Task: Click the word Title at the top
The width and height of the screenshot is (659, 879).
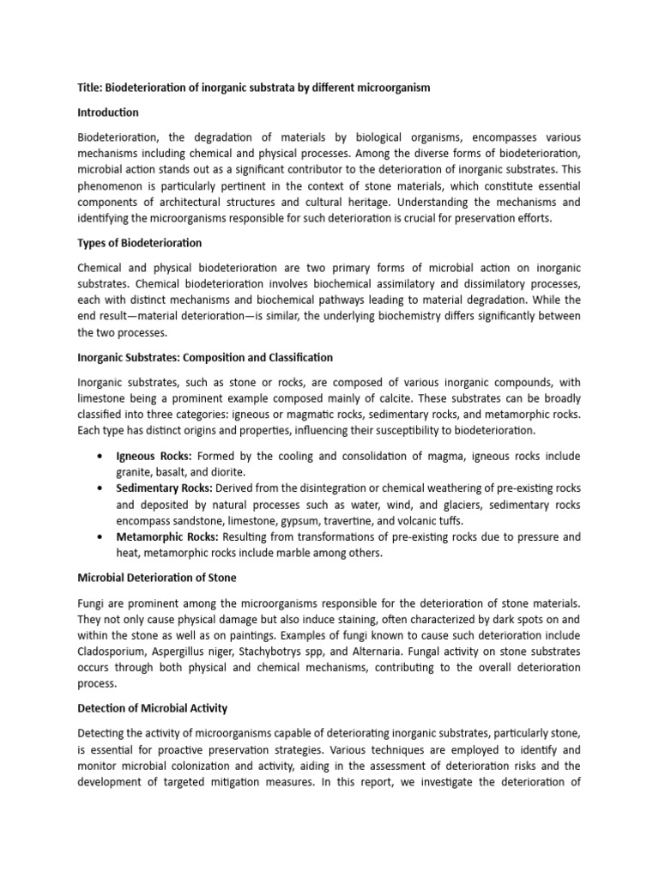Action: (90, 88)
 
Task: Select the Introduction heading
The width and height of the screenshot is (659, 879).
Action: (108, 112)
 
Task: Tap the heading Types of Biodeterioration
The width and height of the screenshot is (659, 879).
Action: (140, 243)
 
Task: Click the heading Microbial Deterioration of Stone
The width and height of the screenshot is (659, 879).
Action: (157, 578)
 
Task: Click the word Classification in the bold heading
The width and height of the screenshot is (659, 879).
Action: (299, 357)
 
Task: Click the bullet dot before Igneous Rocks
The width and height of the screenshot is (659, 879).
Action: (102, 456)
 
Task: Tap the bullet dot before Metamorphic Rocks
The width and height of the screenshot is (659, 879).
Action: (102, 537)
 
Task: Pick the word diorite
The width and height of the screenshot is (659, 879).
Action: (226, 471)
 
